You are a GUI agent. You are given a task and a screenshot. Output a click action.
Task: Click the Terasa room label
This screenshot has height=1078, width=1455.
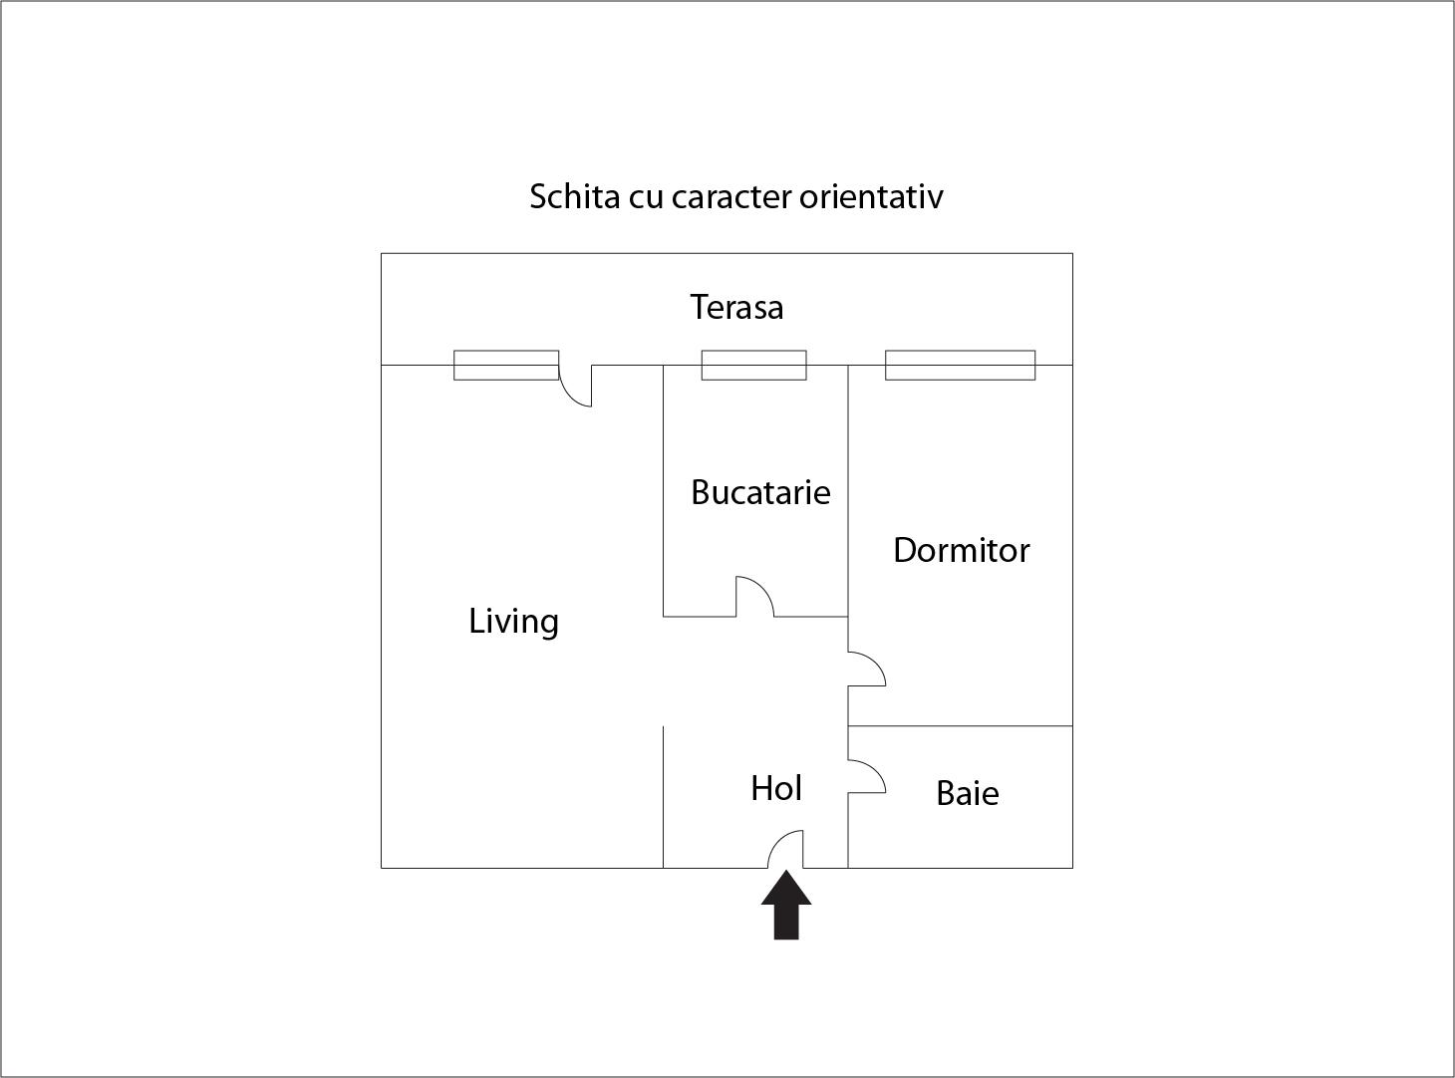tap(736, 307)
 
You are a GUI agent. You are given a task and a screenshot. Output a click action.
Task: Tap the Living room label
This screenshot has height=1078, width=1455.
tap(513, 621)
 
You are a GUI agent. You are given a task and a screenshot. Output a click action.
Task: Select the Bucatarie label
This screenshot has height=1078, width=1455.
tap(761, 492)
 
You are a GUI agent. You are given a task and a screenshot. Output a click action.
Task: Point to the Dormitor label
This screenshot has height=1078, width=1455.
tap(962, 550)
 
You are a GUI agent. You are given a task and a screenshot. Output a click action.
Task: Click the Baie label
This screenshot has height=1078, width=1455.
tap(968, 793)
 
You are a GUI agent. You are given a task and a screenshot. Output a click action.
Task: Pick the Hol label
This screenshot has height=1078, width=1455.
tap(776, 788)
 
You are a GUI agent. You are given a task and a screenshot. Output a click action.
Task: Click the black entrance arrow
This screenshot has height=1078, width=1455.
tap(786, 904)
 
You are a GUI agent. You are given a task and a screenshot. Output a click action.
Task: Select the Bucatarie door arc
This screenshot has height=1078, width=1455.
tap(763, 586)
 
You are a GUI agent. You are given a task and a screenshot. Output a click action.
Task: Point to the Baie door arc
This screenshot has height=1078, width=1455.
tap(876, 769)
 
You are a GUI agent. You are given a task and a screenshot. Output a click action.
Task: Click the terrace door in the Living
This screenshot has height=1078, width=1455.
tap(568, 396)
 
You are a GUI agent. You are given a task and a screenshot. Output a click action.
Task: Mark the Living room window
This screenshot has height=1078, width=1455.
tap(506, 365)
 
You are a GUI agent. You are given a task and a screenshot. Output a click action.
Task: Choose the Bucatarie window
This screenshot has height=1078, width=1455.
tap(753, 365)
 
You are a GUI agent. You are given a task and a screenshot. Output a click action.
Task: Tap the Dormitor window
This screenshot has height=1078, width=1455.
tap(960, 365)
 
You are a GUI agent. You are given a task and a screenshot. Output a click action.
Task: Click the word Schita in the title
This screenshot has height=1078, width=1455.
tap(575, 196)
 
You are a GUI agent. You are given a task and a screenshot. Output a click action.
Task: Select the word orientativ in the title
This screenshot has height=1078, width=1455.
tap(871, 196)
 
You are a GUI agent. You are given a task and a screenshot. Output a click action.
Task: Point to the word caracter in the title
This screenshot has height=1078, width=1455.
tap(731, 197)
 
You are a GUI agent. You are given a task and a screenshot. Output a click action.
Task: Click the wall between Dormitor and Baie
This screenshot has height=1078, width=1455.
tap(961, 725)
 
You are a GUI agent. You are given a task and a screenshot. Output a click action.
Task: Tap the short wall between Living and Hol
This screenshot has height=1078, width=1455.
tap(663, 797)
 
